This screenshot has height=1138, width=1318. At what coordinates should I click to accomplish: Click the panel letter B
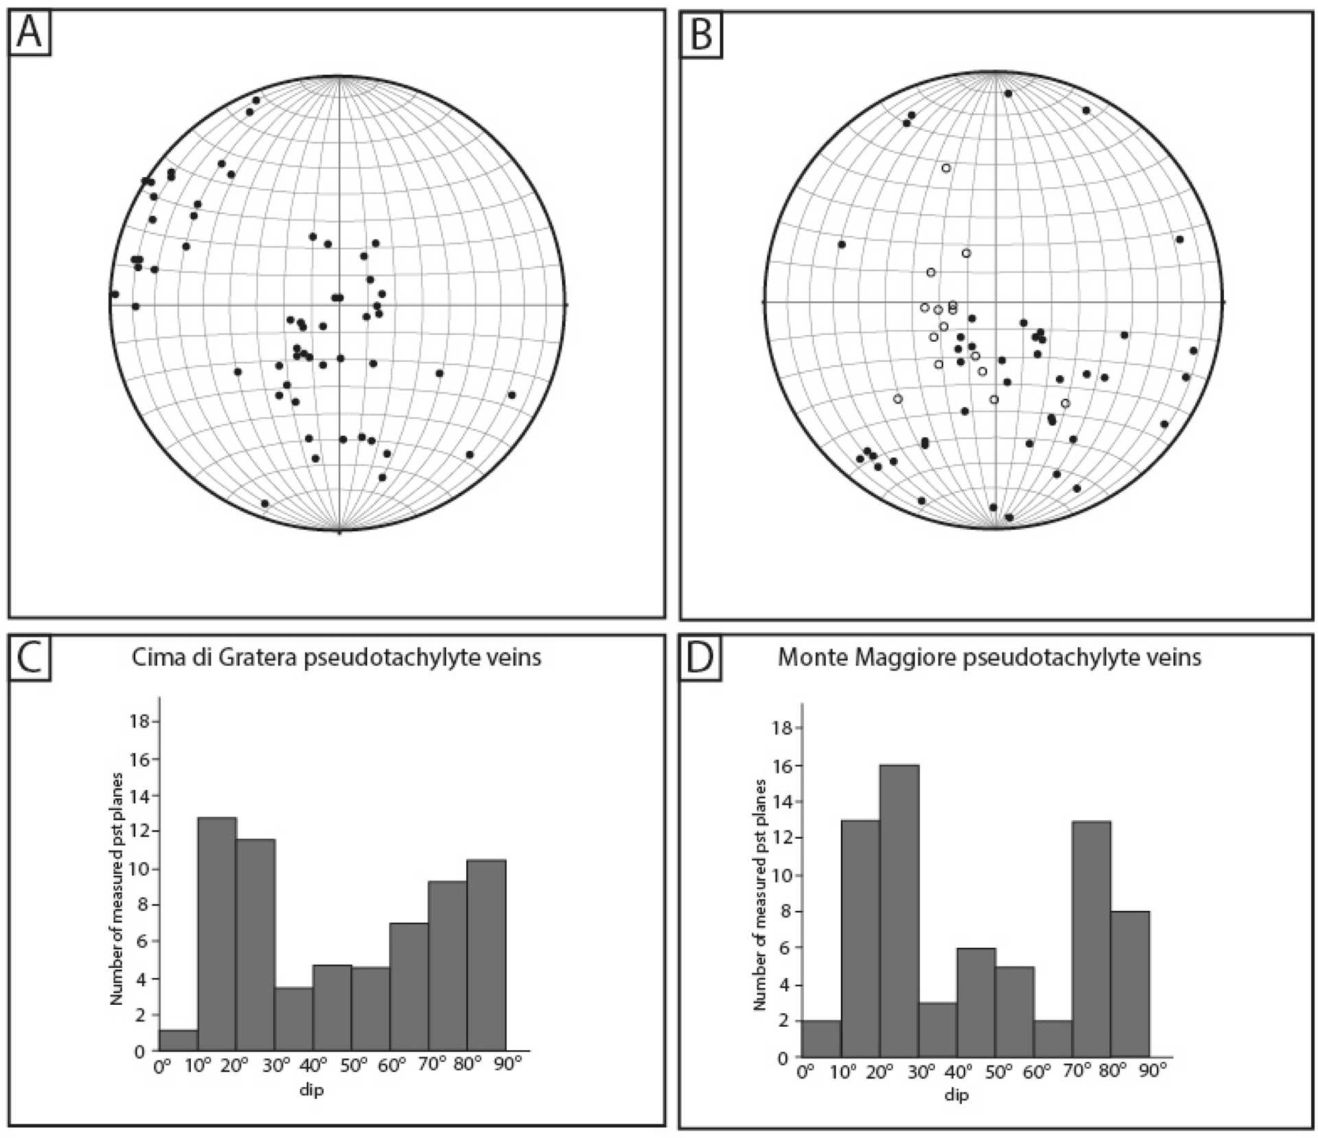coord(701,34)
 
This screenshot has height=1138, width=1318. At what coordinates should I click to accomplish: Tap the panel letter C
coord(29,658)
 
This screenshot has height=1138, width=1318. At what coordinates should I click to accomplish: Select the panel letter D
coord(700,658)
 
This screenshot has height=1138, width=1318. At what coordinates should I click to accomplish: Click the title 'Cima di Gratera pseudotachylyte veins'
coord(336,658)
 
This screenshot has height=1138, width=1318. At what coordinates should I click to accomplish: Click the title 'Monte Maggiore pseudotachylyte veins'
coord(989,658)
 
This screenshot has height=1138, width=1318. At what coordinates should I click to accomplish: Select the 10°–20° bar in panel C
coord(217,933)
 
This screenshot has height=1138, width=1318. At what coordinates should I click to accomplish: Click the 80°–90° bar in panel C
coord(486,955)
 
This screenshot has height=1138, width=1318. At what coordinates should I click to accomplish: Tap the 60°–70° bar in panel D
coord(1052,1038)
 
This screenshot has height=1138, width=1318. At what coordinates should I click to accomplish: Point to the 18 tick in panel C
coord(139,721)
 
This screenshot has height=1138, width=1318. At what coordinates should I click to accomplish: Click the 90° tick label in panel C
coord(509,1065)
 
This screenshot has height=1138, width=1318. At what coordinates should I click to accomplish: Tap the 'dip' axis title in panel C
coord(312,1089)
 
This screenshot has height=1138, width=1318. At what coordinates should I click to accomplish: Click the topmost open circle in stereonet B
coord(946,168)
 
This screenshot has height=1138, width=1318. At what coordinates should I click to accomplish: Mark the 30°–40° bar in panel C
coord(294,1019)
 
